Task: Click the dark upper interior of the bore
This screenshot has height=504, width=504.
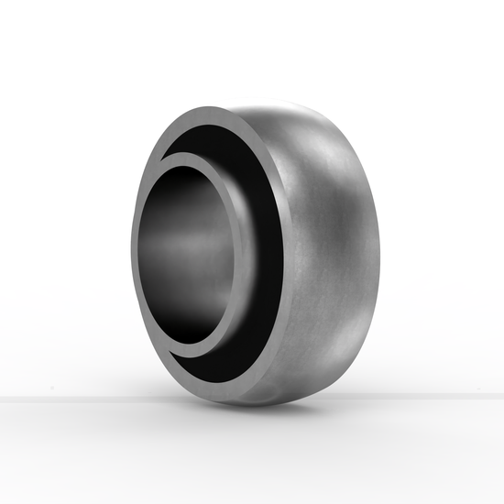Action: click(x=188, y=197)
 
